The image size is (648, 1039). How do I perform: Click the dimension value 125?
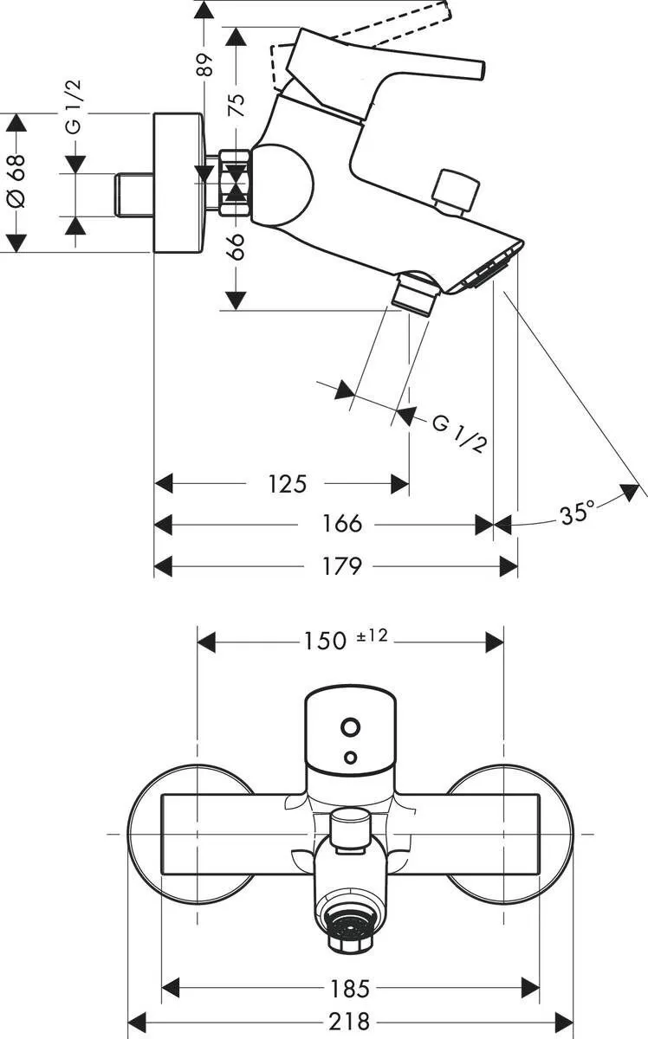(x=287, y=483)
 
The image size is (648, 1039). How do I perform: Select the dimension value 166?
(x=342, y=524)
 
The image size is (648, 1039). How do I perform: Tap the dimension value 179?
(x=341, y=566)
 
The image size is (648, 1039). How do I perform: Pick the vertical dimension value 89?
(x=204, y=65)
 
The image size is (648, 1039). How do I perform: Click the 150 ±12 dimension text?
(x=345, y=640)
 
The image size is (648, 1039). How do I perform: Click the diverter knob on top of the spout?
(x=457, y=190)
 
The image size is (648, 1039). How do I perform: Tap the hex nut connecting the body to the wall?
(x=235, y=184)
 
